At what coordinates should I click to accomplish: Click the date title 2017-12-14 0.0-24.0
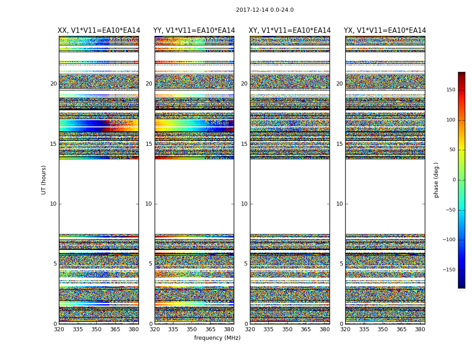click(x=265, y=10)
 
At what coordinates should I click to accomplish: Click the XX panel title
click(x=99, y=31)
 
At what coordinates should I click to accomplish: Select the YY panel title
click(x=194, y=31)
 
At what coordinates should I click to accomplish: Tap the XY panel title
click(x=289, y=31)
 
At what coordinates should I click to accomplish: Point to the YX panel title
click(x=385, y=31)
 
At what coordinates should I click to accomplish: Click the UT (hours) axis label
click(x=44, y=180)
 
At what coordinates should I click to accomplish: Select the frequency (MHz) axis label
click(x=217, y=338)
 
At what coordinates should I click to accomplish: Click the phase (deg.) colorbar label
click(x=436, y=180)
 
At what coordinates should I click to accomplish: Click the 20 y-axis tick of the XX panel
click(x=53, y=84)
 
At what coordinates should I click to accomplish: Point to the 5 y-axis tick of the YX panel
click(x=341, y=264)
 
